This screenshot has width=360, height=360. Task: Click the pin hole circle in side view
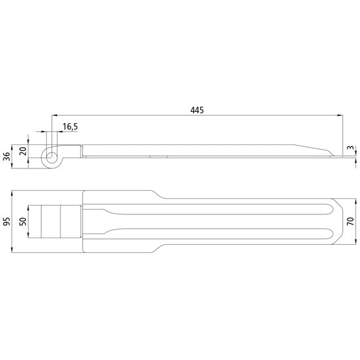[x=51, y=158]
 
